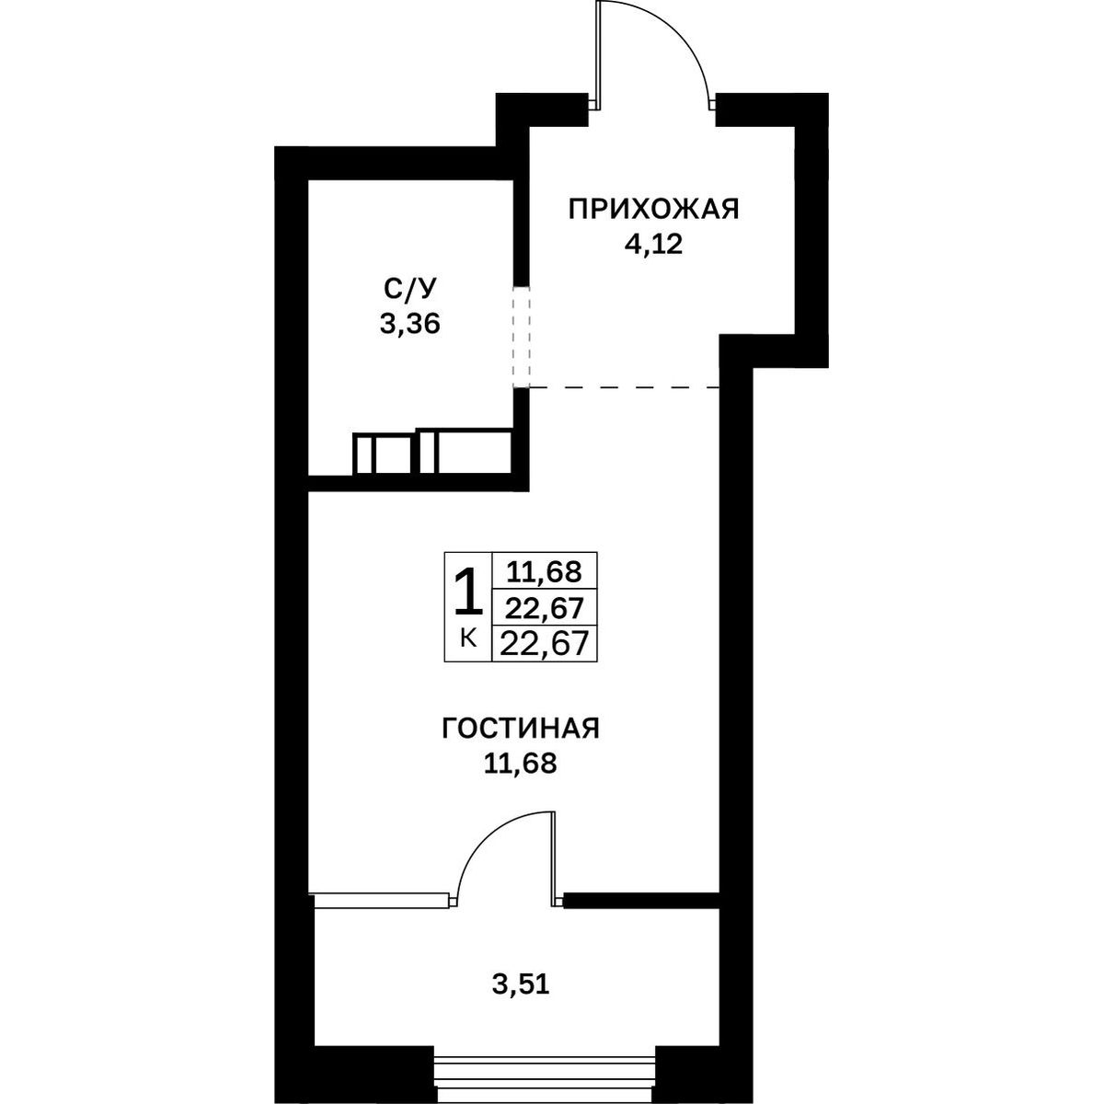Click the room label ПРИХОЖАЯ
click(653, 209)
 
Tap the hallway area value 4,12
click(653, 246)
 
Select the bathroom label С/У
click(409, 289)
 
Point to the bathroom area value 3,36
click(409, 325)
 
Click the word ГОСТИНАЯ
click(520, 730)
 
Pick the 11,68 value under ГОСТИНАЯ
click(520, 765)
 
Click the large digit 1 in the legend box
click(467, 594)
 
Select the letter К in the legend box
click(468, 637)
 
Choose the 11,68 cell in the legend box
click(545, 571)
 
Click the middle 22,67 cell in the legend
click(545, 607)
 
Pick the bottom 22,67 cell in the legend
click(545, 643)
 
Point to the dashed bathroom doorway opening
click(521, 337)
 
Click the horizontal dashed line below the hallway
click(624, 388)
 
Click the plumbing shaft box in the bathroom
click(432, 452)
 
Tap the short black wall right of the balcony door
click(641, 900)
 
